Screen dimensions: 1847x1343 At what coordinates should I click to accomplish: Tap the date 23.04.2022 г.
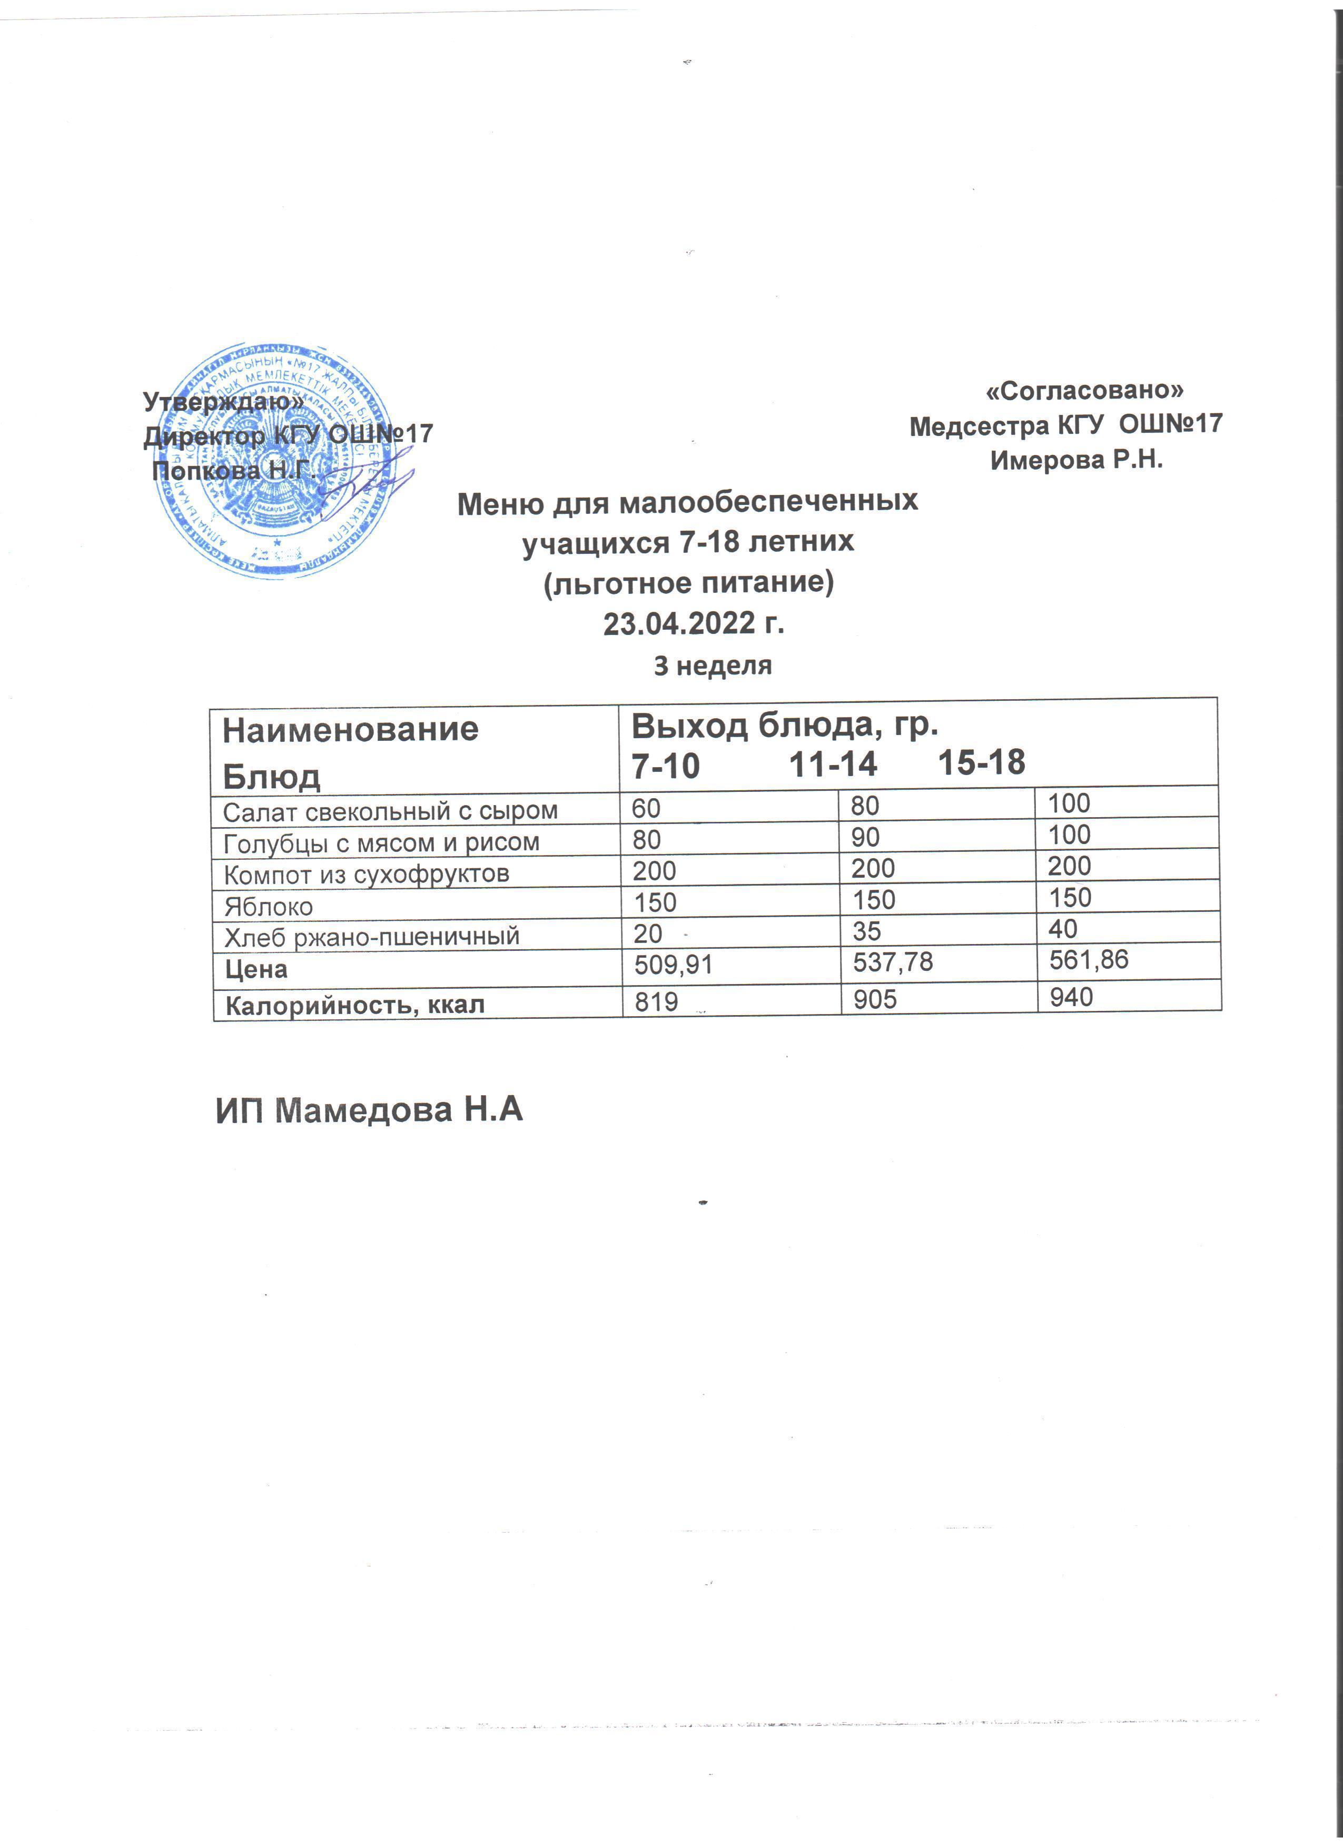693,624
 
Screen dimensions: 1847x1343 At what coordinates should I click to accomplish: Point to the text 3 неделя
713,666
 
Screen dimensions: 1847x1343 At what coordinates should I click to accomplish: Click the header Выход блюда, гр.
785,725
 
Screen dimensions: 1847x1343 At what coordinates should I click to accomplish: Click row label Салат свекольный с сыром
390,811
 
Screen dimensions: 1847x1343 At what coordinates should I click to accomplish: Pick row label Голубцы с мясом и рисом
381,842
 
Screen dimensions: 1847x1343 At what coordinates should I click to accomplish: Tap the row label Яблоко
268,906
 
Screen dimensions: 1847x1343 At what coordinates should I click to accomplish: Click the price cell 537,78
893,962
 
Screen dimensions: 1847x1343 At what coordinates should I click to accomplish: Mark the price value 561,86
1089,959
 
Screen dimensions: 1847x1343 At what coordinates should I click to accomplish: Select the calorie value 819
656,1001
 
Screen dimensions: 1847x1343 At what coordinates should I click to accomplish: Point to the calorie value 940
1071,996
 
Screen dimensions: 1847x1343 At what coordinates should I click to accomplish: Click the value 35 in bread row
866,931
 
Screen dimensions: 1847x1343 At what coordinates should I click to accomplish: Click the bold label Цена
256,969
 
